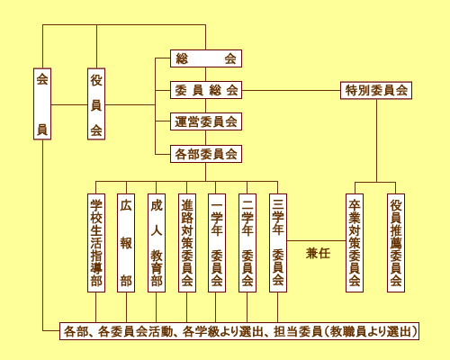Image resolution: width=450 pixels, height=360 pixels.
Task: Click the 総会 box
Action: tap(206, 58)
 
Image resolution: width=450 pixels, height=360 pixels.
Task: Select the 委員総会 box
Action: tap(206, 90)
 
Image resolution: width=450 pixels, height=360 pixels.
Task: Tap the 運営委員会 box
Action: tap(206, 121)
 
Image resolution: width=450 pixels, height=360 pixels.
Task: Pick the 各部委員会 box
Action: tap(206, 154)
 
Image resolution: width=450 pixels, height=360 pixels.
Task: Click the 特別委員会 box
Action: tap(376, 90)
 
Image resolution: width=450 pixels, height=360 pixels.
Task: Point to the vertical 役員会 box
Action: tap(96, 103)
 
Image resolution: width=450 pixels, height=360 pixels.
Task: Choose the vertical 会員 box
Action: tap(42, 103)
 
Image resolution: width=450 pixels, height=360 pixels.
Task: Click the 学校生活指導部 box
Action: tap(96, 243)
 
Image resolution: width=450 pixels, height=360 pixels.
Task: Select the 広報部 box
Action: tap(126, 243)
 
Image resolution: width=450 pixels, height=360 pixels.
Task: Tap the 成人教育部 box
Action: tap(157, 243)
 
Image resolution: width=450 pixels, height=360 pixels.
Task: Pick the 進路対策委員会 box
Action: tap(187, 243)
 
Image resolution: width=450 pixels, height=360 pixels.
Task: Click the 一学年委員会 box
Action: tap(217, 243)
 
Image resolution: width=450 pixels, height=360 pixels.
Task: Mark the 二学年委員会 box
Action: tap(247, 243)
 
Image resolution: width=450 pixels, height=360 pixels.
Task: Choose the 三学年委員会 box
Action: tap(278, 243)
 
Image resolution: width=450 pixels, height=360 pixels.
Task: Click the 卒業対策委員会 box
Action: tap(355, 243)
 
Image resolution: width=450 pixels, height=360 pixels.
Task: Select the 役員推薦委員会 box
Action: tap(396, 243)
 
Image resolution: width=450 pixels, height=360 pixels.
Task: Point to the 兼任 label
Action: tap(318, 254)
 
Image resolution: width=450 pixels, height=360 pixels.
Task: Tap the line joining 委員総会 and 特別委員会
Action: tap(291, 90)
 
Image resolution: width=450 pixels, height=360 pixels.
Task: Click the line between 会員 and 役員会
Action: tap(69, 105)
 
